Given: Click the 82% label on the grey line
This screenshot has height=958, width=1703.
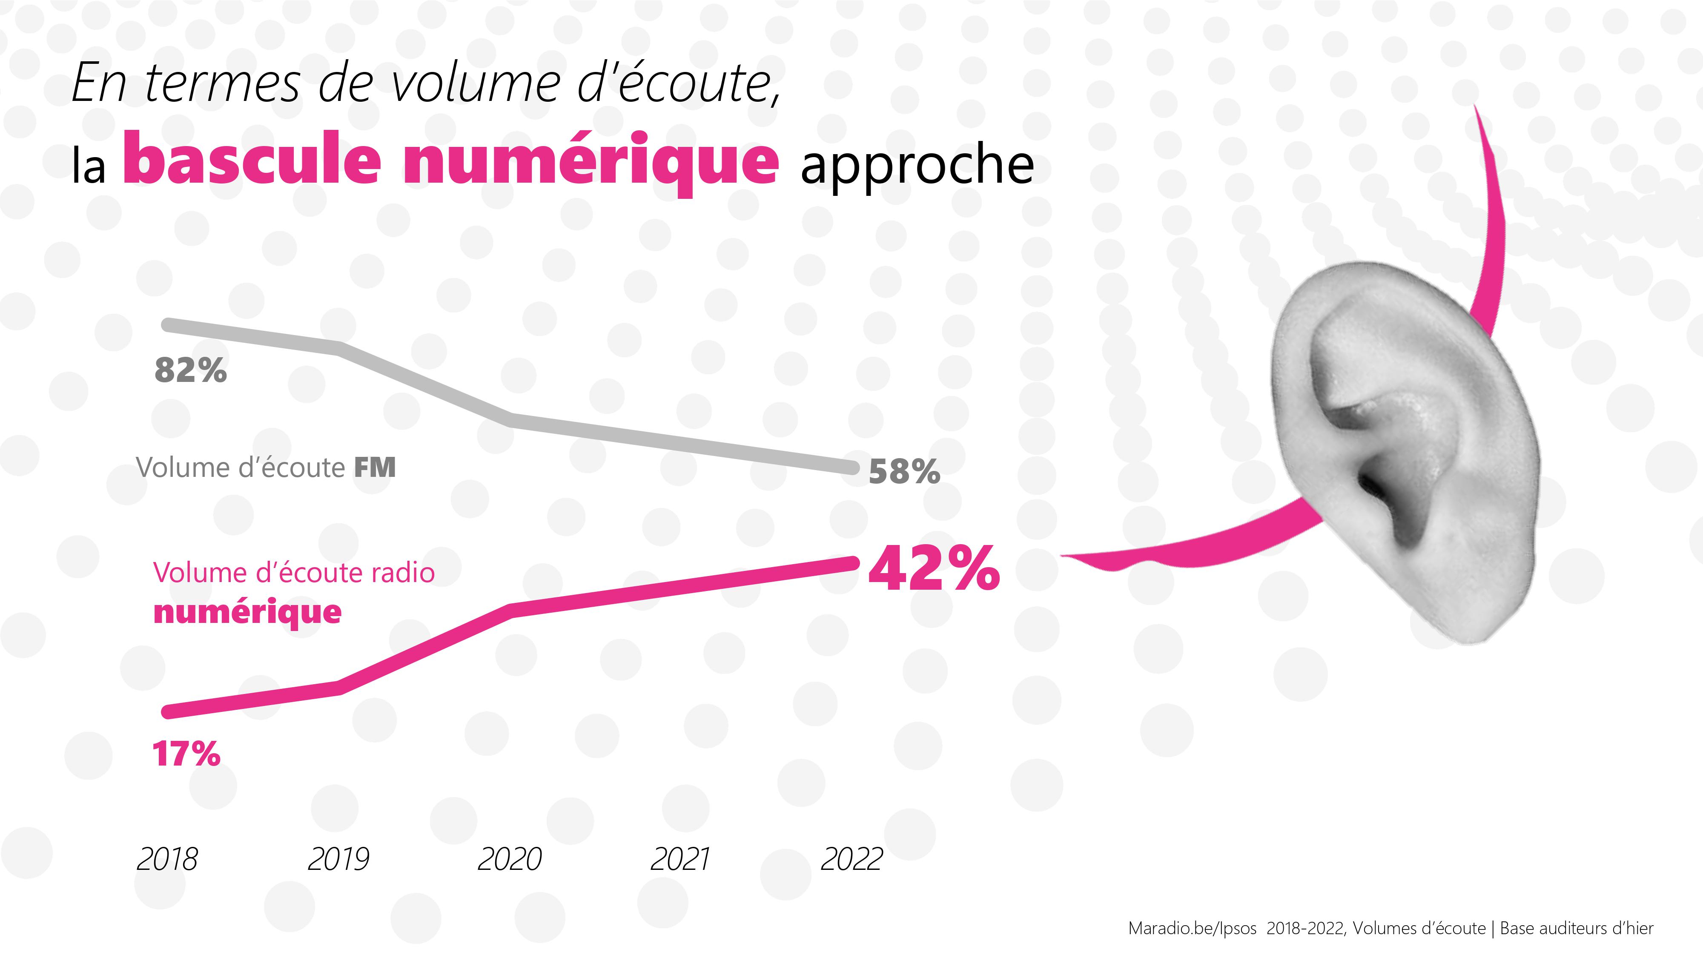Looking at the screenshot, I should click(190, 370).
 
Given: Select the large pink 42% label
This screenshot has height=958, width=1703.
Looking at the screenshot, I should click(934, 568).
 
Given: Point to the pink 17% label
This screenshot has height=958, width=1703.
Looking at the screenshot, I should click(186, 753).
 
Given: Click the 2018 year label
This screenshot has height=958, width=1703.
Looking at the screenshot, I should click(167, 860).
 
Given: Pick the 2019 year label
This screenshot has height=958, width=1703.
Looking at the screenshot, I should click(338, 860).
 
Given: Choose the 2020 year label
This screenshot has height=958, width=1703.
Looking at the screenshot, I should click(509, 860).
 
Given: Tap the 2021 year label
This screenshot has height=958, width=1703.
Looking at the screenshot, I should click(679, 860).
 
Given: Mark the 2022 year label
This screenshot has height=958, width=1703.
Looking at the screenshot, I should click(851, 860).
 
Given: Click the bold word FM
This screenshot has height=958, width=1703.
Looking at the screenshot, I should click(375, 468).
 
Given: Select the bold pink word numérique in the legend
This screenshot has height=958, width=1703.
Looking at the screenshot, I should click(247, 612).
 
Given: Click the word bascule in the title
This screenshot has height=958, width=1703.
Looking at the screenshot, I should click(252, 159).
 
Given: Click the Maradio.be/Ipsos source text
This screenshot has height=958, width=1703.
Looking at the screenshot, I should click(1192, 928).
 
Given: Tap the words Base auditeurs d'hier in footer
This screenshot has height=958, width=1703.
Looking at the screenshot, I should click(1576, 928).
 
